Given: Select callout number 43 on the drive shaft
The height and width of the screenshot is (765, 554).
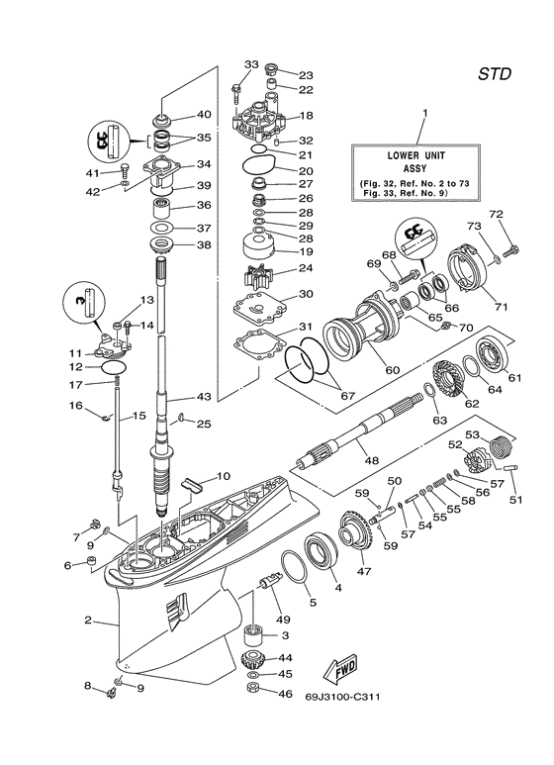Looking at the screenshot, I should [x=203, y=397].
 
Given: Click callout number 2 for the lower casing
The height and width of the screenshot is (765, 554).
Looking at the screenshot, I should [x=87, y=621].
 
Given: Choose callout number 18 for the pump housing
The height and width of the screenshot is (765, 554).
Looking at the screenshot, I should [x=306, y=116].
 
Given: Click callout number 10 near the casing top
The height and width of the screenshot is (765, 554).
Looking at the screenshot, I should [x=224, y=477].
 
